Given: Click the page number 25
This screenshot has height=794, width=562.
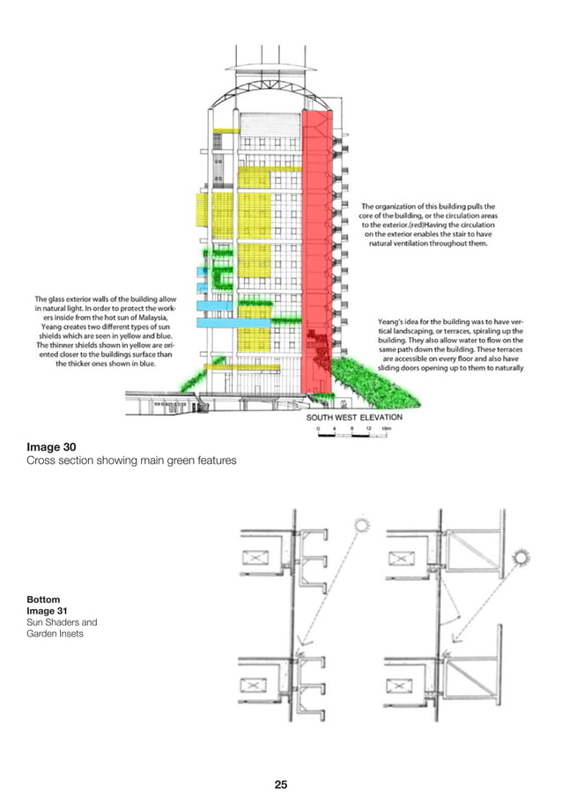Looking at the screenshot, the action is click(x=281, y=759).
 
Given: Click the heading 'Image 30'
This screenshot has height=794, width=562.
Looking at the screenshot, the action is click(x=50, y=445).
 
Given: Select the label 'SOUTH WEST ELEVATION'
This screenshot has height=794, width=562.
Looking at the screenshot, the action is click(x=354, y=417).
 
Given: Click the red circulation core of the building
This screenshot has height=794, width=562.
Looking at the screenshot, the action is click(x=316, y=246).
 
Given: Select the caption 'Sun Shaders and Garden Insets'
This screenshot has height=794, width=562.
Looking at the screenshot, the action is click(x=62, y=627).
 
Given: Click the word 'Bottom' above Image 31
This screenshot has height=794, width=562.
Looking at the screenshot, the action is click(x=43, y=599).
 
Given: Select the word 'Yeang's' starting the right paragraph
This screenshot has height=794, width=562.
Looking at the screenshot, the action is click(x=391, y=321).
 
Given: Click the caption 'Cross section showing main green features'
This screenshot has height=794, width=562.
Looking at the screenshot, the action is click(x=131, y=460).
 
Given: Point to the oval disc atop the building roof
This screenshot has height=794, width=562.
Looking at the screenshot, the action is click(x=270, y=67).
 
